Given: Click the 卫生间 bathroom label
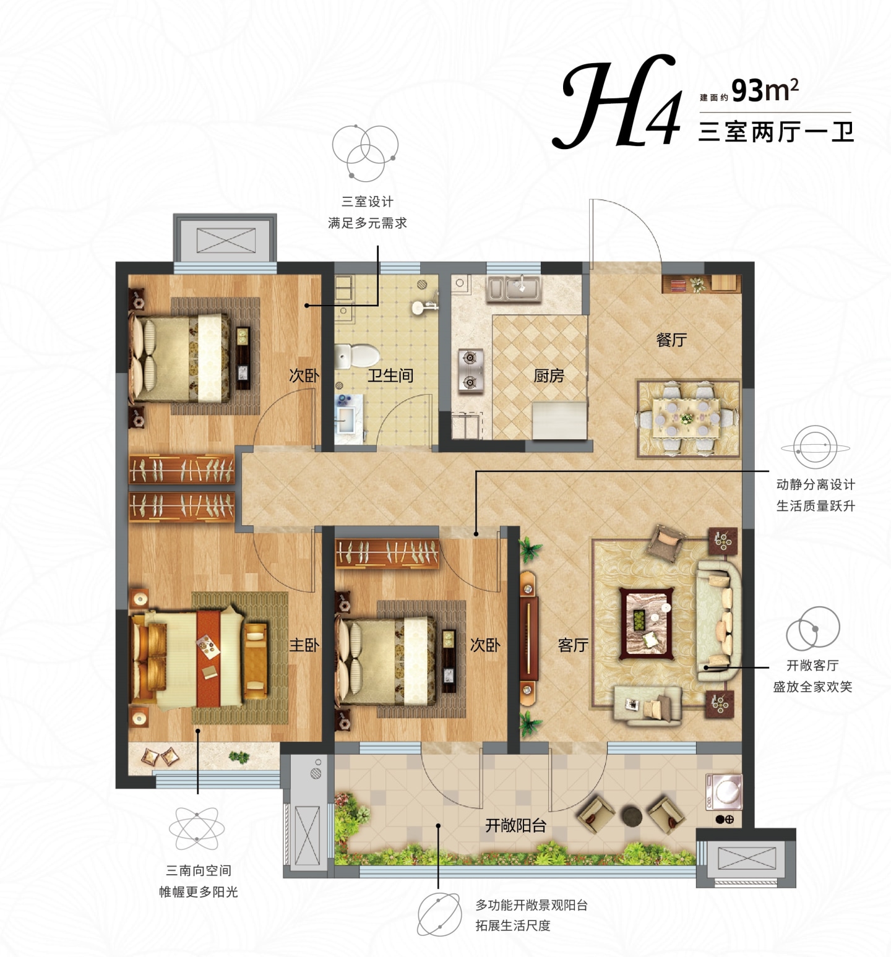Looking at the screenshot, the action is [390, 376].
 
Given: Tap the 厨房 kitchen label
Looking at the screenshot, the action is [549, 376].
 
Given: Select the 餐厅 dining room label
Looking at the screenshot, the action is [671, 340].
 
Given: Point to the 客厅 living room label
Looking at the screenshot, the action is [573, 645].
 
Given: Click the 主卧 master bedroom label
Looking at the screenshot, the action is [304, 645].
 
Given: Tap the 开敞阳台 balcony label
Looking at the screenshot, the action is [515, 825].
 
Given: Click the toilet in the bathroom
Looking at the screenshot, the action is [357, 356].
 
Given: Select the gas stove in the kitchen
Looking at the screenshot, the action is [470, 370].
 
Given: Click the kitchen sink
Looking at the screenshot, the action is [514, 288].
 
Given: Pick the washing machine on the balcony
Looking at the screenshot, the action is [723, 791].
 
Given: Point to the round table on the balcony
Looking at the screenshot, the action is [632, 816].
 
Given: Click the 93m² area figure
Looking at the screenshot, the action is [765, 90].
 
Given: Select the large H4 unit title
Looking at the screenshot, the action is [619, 102].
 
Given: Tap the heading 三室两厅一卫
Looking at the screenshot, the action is [776, 132].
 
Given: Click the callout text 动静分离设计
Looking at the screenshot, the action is [816, 484].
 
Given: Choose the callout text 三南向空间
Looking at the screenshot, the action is [199, 870].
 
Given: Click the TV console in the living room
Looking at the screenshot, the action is [528, 638].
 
